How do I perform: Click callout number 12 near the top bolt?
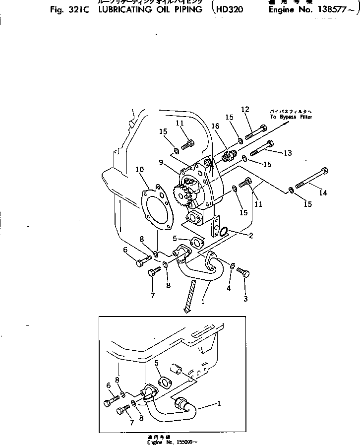point(244,109)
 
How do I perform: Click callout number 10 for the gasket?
point(139,170)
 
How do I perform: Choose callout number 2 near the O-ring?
point(251,236)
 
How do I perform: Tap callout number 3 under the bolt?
point(245,299)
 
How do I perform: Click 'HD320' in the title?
point(230,9)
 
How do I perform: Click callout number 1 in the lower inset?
point(218,404)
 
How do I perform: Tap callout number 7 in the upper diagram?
point(153,296)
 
